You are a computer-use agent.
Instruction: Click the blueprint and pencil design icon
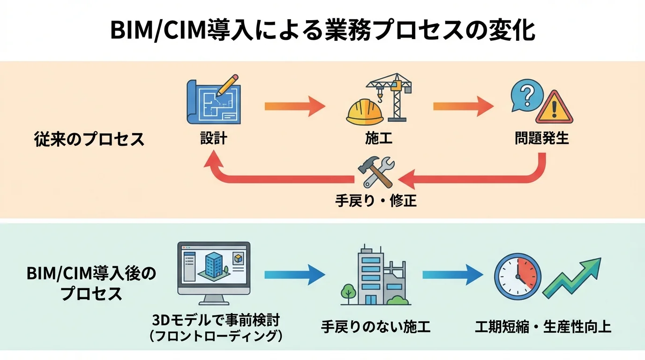213,102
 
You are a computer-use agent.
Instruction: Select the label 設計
213,139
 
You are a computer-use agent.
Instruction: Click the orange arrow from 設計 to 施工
294,106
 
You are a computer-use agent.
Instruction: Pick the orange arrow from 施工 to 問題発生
463,106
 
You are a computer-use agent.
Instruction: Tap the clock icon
518,276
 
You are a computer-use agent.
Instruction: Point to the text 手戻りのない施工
375,326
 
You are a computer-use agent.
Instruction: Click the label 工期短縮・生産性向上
543,326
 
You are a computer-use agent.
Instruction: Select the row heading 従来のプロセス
89,139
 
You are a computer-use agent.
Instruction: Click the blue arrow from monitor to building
294,275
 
